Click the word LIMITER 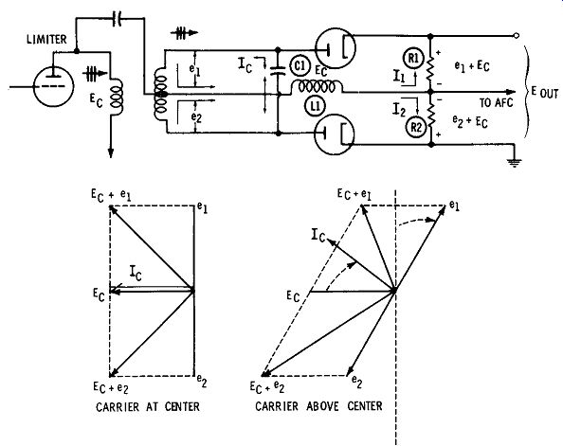46,39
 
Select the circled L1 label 316,107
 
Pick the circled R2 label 416,127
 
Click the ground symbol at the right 514,163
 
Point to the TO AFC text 497,103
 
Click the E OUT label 545,93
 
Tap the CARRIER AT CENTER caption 148,406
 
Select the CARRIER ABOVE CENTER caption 318,406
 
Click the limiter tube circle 53,86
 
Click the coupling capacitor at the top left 117,19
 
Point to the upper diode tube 336,48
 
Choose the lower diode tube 334,134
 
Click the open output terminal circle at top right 516,36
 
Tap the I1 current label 398,76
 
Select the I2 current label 399,110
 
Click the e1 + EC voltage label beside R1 472,66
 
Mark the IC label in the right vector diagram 318,236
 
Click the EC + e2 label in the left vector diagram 111,388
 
